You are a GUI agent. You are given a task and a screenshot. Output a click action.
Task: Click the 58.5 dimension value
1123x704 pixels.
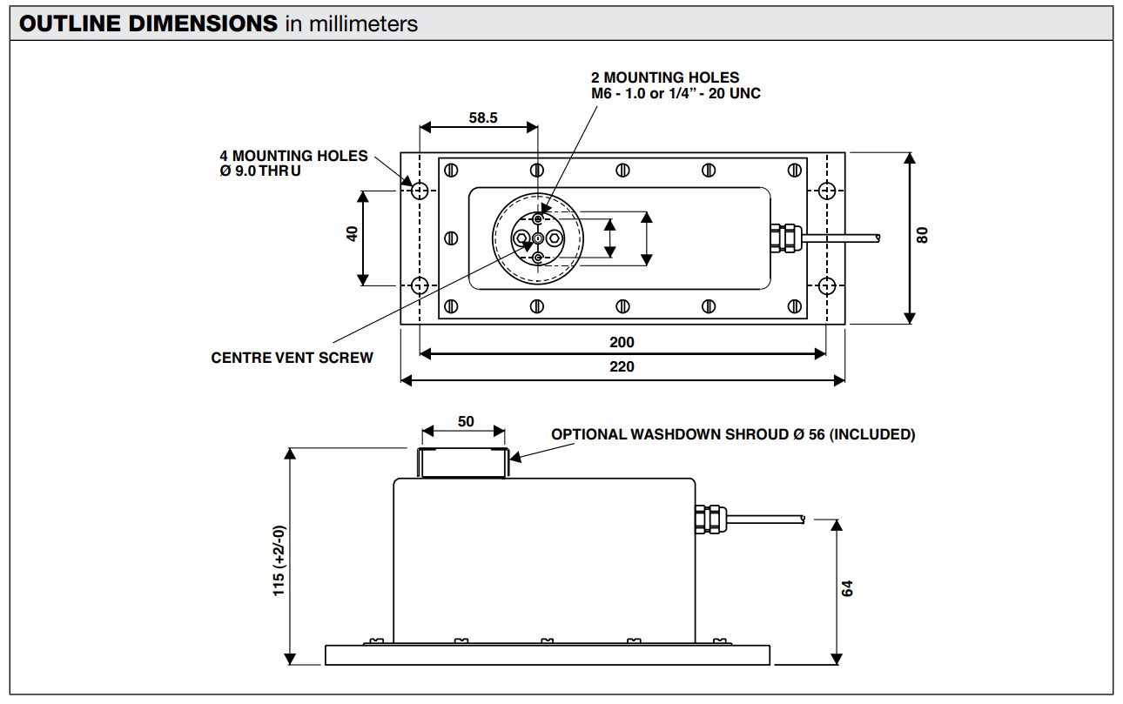pyautogui.click(x=482, y=118)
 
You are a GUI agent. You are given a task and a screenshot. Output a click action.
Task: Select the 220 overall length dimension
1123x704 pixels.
pyautogui.click(x=622, y=366)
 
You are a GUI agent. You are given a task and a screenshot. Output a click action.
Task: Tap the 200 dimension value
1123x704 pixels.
pyautogui.click(x=622, y=342)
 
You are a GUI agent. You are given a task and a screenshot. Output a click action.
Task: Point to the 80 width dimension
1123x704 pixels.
pyautogui.click(x=923, y=235)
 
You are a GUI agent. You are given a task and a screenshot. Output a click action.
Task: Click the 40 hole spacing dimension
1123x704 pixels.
pyautogui.click(x=353, y=235)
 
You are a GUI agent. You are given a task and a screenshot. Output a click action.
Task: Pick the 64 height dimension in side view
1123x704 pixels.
pyautogui.click(x=848, y=588)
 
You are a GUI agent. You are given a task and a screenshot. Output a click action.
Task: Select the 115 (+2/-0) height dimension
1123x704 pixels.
pyautogui.click(x=279, y=560)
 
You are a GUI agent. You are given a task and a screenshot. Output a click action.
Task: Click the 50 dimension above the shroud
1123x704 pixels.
pyautogui.click(x=466, y=422)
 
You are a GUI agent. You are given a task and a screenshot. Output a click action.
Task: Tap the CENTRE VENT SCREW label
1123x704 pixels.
pyautogui.click(x=292, y=358)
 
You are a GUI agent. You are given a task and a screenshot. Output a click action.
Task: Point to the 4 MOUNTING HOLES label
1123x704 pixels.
pyautogui.click(x=293, y=156)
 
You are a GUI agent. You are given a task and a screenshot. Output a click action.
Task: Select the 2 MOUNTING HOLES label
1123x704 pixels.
pyautogui.click(x=665, y=78)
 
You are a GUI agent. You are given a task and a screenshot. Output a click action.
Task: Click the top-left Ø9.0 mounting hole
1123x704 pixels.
pyautogui.click(x=420, y=190)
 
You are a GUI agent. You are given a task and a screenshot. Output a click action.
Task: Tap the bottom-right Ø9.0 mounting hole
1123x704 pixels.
pyautogui.click(x=827, y=285)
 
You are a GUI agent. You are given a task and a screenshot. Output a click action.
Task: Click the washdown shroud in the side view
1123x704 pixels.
pyautogui.click(x=461, y=462)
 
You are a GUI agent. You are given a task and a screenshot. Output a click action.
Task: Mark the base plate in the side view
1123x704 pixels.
pyautogui.click(x=548, y=654)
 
